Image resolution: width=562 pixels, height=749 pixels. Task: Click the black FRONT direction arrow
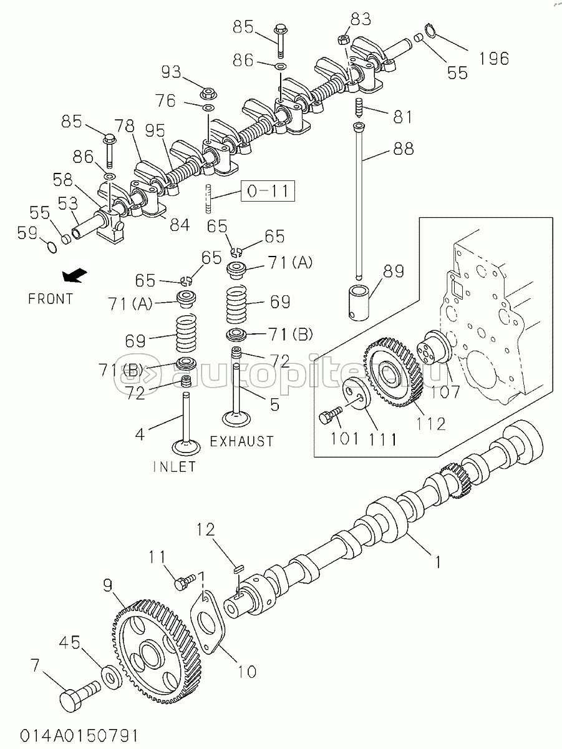coord(75,275)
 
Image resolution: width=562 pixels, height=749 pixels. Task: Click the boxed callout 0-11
coord(268,191)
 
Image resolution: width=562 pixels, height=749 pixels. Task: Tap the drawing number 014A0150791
coord(79,735)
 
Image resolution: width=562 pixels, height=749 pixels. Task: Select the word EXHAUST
coord(242,441)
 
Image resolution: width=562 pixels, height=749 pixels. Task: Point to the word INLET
coord(175,466)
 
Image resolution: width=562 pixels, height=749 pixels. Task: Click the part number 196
coord(494,58)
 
